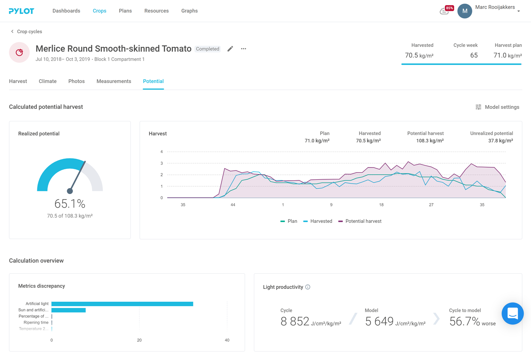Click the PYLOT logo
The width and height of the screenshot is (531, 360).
click(x=21, y=11)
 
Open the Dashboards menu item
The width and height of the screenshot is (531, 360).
click(x=66, y=11)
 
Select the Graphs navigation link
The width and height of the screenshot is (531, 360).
click(x=190, y=11)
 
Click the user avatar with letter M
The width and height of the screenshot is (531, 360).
click(x=465, y=11)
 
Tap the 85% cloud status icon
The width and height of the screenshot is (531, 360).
click(x=445, y=11)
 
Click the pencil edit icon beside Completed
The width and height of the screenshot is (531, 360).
click(x=230, y=49)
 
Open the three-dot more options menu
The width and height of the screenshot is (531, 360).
click(x=243, y=49)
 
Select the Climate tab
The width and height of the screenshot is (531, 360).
click(x=48, y=81)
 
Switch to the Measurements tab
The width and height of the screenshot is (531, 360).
click(x=114, y=81)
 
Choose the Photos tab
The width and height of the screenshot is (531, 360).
click(x=76, y=81)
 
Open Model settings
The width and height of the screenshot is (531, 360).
click(x=497, y=107)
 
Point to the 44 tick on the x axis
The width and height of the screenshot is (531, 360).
click(x=233, y=205)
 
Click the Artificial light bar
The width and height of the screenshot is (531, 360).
click(x=122, y=304)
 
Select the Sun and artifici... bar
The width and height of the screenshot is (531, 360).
click(x=69, y=310)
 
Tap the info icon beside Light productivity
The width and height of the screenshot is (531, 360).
click(x=308, y=287)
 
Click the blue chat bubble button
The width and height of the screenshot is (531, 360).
click(x=513, y=314)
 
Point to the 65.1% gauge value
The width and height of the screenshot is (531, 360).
click(x=70, y=204)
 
